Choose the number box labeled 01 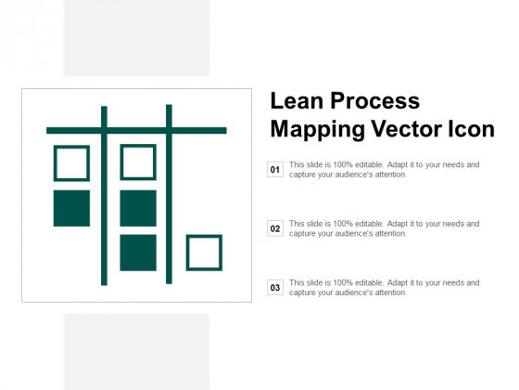274,170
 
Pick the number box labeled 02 274,228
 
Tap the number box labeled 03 274,288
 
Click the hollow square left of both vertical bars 71,162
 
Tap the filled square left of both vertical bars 71,208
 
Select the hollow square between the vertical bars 138,162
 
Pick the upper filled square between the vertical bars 138,208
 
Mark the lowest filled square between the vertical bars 138,253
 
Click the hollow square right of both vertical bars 204,253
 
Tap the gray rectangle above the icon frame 136,38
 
